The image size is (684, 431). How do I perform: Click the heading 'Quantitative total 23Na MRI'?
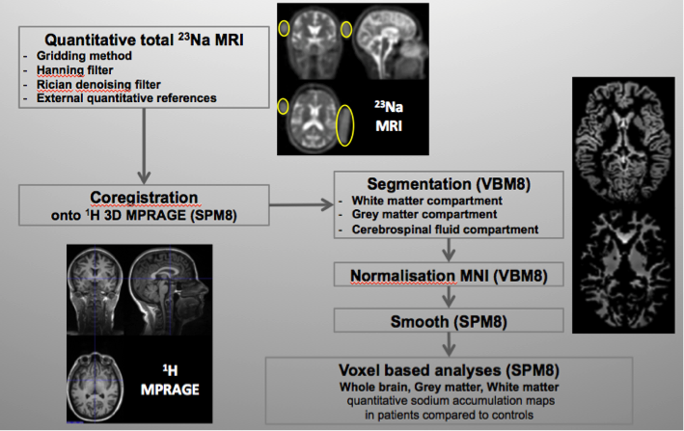pyautogui.click(x=144, y=40)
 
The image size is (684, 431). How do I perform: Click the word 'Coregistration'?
pyautogui.click(x=144, y=198)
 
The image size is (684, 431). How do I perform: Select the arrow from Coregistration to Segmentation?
pyautogui.click(x=301, y=204)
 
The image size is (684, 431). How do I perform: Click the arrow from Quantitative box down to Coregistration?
pyautogui.click(x=144, y=146)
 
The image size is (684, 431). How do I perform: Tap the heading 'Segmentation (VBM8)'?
pyautogui.click(x=449, y=184)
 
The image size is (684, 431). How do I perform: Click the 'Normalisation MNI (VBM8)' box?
pyautogui.click(x=449, y=275)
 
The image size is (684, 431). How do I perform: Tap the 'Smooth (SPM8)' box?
pyautogui.click(x=449, y=321)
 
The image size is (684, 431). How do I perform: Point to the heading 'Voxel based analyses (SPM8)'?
pyautogui.click(x=449, y=370)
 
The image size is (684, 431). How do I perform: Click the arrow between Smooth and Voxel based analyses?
pyautogui.click(x=449, y=344)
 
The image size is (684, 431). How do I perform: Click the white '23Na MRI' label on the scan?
pyautogui.click(x=389, y=117)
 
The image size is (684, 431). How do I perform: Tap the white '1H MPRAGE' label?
pyautogui.click(x=170, y=380)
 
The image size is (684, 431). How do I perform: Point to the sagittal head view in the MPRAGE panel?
pyautogui.click(x=170, y=289)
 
